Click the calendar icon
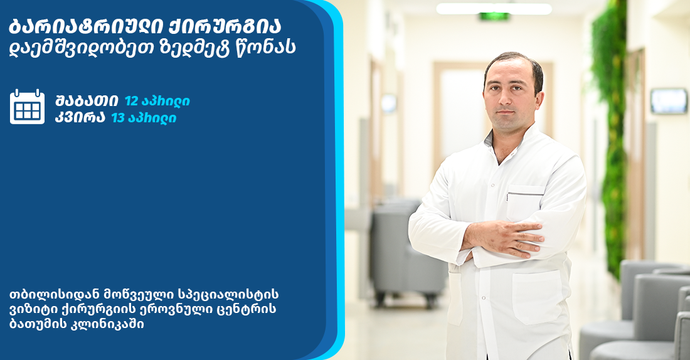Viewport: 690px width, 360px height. pos(27,107)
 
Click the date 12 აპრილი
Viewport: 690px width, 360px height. pos(157,101)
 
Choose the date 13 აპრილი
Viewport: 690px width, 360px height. pos(144,118)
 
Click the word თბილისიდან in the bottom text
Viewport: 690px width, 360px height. pos(50,294)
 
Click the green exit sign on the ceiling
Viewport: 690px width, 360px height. pos(494,16)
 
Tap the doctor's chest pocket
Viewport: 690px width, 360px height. pos(525,204)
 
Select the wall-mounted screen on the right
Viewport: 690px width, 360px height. pos(669,101)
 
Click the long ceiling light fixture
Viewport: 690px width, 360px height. pos(494,8)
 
